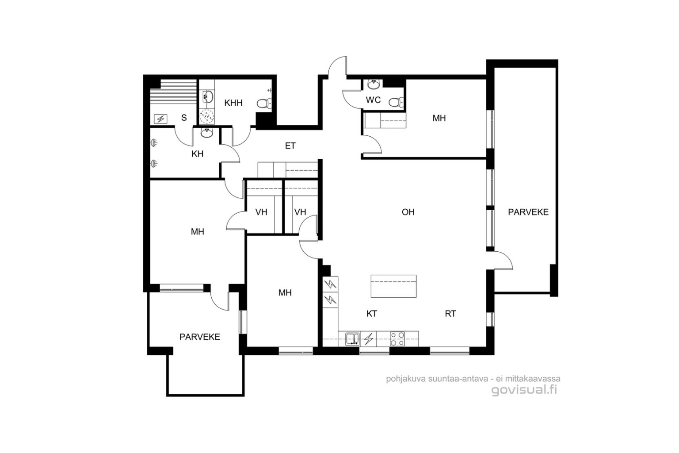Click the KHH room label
233,103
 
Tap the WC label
373,100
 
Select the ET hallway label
290,146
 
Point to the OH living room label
408,212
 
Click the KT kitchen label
372,314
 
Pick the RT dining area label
450,314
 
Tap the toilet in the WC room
396,102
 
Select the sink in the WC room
374,84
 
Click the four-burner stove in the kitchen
397,339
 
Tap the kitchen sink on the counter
353,339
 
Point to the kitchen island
393,286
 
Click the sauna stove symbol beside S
160,119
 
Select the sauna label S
184,118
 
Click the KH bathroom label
197,154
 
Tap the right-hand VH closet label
300,212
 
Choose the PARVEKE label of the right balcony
528,212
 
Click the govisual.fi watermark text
524,390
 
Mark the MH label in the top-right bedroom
439,118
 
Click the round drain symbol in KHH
207,116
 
